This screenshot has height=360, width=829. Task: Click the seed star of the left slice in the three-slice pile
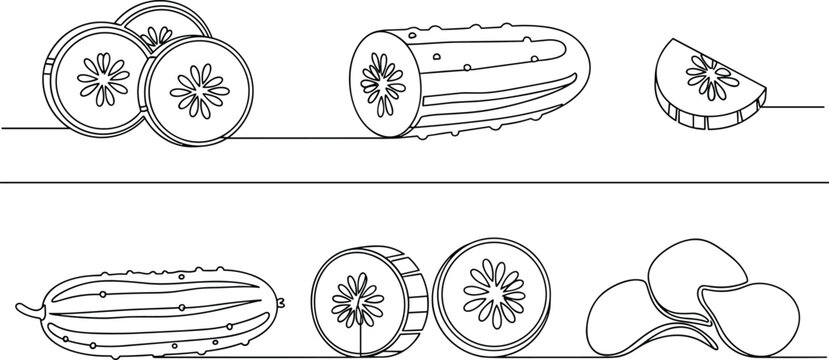[x=103, y=78]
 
